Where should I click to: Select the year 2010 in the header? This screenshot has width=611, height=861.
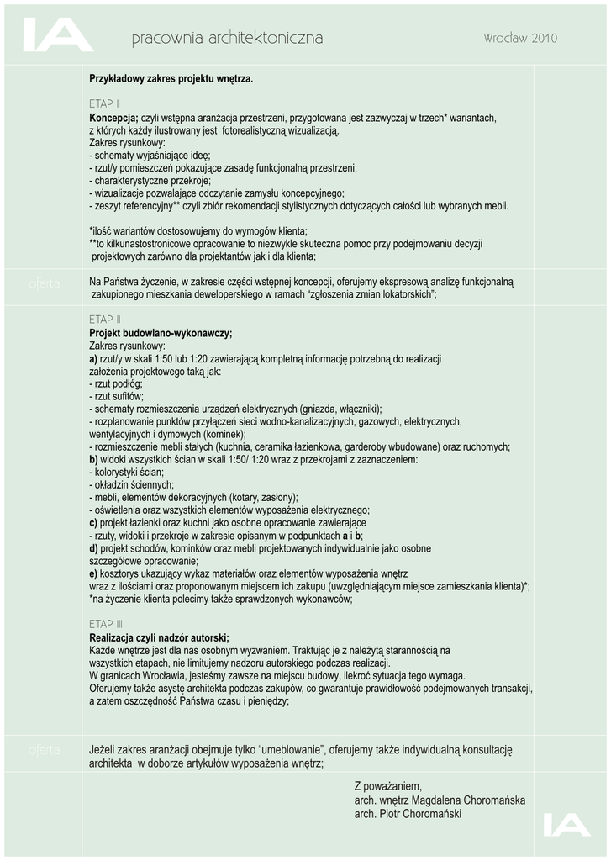pos(544,39)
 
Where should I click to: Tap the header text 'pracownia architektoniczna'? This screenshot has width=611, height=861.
pos(227,39)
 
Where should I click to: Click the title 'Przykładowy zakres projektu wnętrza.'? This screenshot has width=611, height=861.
pos(171,79)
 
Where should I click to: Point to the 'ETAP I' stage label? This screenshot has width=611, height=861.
pos(103,104)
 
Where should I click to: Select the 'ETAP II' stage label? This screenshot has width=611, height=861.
pos(105,320)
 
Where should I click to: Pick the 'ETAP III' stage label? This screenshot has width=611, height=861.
pos(106,624)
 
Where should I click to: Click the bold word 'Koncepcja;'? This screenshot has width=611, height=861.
pos(113,118)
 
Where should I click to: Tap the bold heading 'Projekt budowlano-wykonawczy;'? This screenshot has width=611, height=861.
pos(161,333)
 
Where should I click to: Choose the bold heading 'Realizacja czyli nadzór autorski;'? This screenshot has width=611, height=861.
pos(159,637)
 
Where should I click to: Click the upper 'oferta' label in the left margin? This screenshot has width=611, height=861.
pos(43,284)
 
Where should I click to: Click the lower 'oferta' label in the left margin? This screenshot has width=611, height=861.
pos(43,749)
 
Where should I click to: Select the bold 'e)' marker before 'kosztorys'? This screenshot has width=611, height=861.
pos(93,573)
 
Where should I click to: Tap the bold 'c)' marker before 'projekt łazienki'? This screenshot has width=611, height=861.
pos(93,522)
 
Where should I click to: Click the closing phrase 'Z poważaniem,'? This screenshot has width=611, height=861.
pos(387,785)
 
